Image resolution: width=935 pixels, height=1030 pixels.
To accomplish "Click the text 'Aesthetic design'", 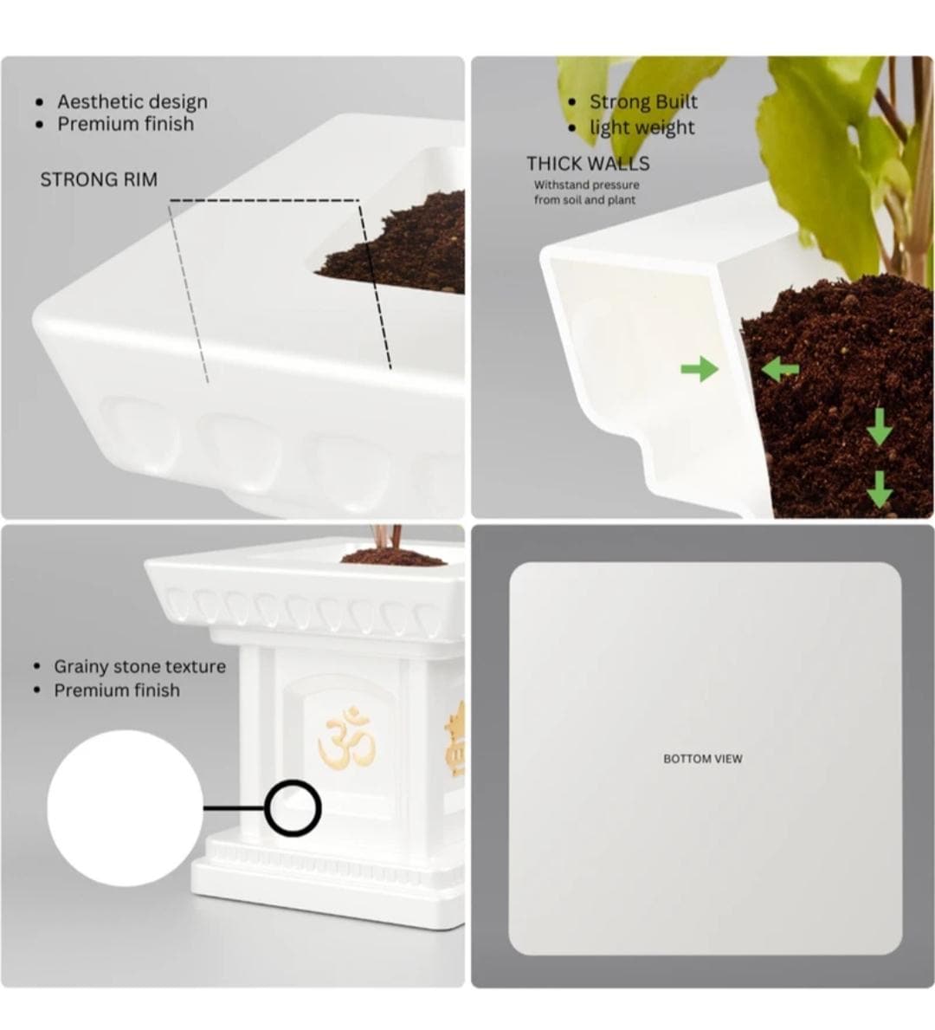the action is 132,102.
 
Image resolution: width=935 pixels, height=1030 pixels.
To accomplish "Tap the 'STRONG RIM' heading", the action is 99,179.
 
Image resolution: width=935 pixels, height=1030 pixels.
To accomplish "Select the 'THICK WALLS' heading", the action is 588,164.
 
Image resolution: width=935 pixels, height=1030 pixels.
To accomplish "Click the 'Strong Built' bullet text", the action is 642,102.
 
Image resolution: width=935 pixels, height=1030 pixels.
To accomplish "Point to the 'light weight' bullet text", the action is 642,127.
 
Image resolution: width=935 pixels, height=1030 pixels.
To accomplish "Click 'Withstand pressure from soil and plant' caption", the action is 586,192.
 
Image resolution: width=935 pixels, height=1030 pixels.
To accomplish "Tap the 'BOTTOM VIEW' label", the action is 703,759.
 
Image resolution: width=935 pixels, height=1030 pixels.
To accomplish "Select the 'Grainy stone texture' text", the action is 139,666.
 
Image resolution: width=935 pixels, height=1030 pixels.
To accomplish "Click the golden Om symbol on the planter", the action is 346,737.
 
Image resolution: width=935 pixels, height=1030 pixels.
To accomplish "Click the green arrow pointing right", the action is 700,369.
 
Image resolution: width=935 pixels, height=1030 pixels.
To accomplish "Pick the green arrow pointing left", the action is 779,369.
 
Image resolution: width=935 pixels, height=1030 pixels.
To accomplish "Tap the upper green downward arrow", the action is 880,427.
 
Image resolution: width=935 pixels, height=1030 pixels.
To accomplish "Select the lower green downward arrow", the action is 880,489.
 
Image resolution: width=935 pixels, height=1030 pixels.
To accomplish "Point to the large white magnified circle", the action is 125,808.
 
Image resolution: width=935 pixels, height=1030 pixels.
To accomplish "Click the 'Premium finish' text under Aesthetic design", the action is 126,124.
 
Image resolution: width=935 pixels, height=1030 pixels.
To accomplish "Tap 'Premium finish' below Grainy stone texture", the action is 117,690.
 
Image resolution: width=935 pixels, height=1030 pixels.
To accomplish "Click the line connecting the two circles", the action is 235,808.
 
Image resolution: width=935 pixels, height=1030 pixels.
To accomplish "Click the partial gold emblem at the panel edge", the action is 455,739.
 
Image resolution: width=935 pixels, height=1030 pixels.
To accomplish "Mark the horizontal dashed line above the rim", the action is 264,200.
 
